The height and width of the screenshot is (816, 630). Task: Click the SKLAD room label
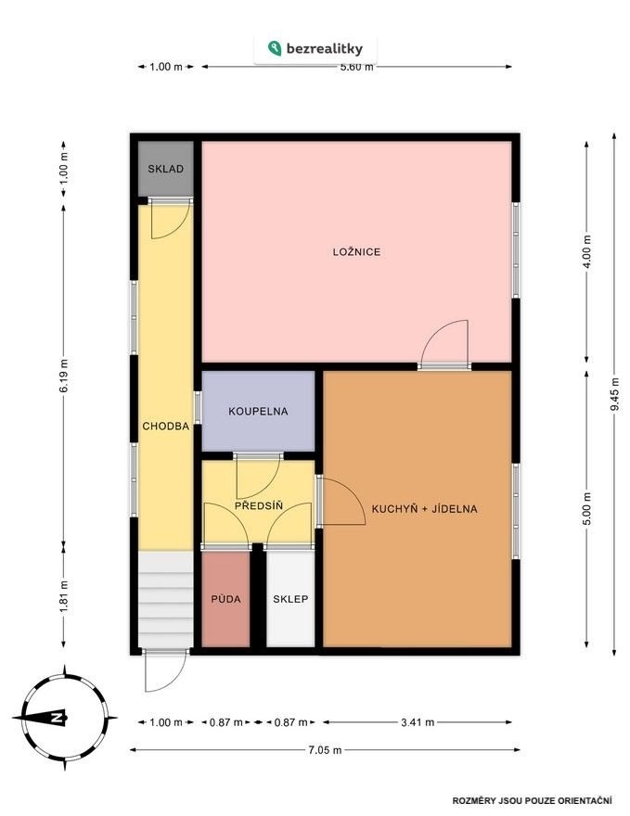(x=165, y=169)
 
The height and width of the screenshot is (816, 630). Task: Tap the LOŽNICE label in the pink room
(x=356, y=252)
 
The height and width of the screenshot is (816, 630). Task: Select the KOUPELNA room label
(x=258, y=411)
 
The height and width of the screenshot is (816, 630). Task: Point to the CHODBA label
(x=165, y=427)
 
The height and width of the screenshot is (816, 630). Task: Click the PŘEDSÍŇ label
(x=259, y=505)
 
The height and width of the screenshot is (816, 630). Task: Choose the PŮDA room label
(x=226, y=599)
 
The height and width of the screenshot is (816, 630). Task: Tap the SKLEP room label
(x=290, y=599)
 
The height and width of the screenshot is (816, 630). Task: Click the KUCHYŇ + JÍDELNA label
(x=424, y=508)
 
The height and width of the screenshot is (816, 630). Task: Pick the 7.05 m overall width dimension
(x=325, y=750)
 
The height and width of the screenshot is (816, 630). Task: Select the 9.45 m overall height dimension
(x=615, y=394)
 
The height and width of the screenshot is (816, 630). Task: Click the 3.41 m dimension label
(x=418, y=722)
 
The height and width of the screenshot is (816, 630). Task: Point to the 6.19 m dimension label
(x=63, y=376)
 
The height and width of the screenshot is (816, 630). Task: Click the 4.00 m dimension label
(x=587, y=251)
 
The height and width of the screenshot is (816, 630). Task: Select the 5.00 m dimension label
(x=587, y=508)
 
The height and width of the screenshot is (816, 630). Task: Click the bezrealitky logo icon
(x=275, y=48)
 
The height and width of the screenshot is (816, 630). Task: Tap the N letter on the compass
(x=55, y=718)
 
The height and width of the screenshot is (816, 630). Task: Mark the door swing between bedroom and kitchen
(x=444, y=341)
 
